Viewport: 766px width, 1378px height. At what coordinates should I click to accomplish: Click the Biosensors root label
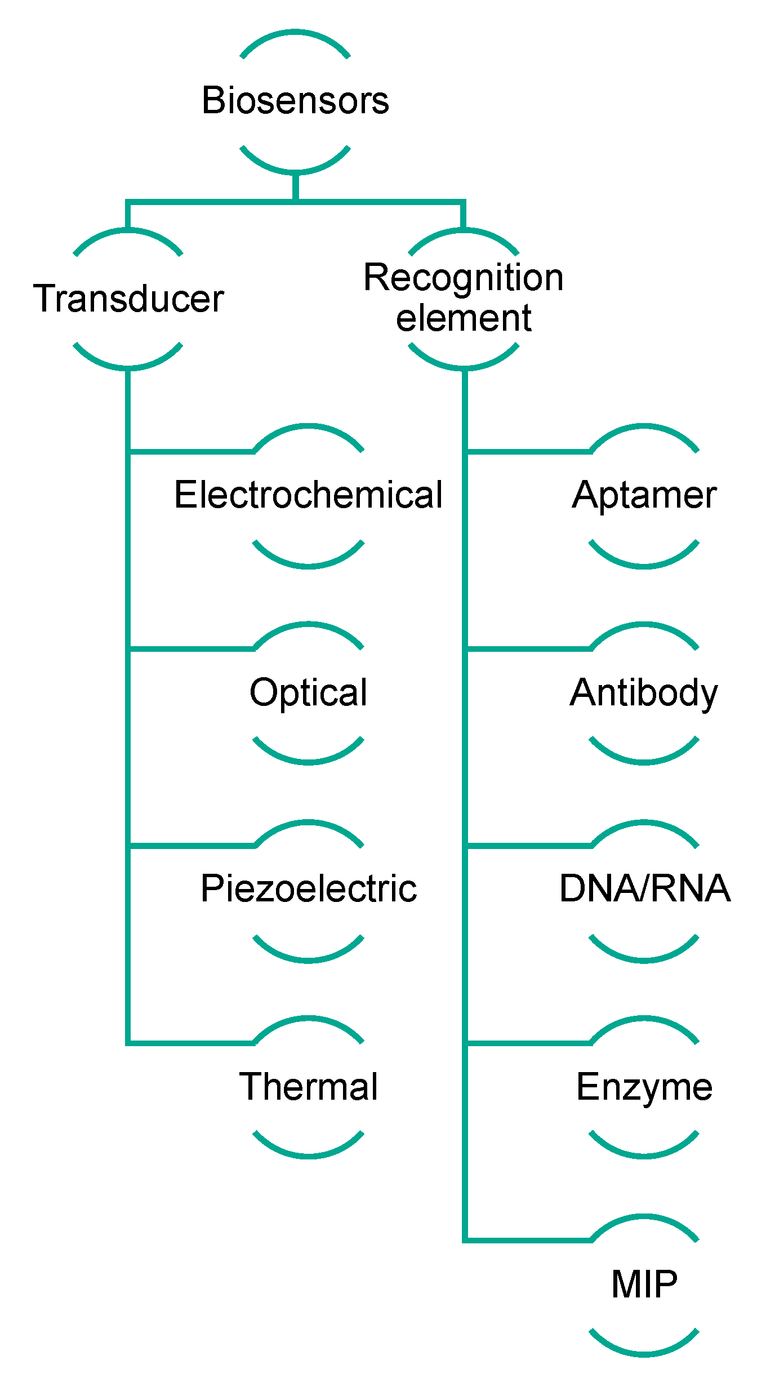(295, 101)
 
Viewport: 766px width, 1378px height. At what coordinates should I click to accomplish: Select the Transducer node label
(128, 299)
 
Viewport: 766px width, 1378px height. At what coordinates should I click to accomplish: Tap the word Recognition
(463, 278)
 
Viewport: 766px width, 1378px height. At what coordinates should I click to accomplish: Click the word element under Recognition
(463, 318)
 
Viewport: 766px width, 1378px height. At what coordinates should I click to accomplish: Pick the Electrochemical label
(308, 495)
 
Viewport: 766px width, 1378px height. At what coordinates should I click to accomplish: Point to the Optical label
(308, 692)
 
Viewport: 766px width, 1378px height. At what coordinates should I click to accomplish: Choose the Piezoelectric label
(308, 889)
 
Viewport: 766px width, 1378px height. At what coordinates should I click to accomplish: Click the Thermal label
(308, 1087)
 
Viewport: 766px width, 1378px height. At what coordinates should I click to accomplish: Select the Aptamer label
(644, 495)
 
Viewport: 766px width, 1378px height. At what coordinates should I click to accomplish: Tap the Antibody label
(644, 692)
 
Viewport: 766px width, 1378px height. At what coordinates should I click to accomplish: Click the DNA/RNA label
(644, 889)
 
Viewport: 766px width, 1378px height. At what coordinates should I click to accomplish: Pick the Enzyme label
(644, 1087)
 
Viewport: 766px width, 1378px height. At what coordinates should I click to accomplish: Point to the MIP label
(644, 1284)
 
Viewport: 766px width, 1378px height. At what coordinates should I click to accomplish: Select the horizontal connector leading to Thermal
(191, 1043)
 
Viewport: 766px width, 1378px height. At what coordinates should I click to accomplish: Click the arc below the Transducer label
(128, 366)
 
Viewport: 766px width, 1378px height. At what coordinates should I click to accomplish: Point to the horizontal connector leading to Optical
(191, 649)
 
